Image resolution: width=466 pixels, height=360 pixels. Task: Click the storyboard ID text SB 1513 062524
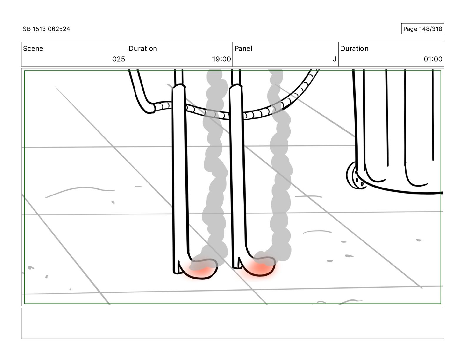(x=46, y=29)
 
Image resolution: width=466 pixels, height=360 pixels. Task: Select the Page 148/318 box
(x=422, y=29)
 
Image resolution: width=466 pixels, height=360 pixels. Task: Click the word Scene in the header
(x=33, y=49)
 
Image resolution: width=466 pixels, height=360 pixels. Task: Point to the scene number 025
(x=119, y=59)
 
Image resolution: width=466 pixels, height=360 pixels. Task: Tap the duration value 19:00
(x=221, y=59)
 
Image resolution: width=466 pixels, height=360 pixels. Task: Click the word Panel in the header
(x=243, y=49)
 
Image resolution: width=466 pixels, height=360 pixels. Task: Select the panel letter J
(x=334, y=59)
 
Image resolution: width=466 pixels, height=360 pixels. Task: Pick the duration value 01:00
(x=433, y=59)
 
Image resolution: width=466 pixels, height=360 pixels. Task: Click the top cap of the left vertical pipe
(x=179, y=86)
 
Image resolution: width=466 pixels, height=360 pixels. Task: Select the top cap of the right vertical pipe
(x=236, y=86)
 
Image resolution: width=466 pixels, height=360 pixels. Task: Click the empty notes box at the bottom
(x=232, y=323)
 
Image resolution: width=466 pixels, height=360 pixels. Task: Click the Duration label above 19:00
(x=143, y=49)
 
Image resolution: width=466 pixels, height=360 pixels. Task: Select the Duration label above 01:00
(x=354, y=49)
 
